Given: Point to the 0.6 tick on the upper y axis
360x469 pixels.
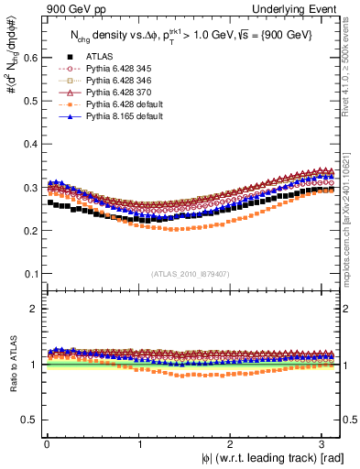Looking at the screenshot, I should click(x=30, y=57).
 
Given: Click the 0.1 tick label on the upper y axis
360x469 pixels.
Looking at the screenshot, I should click(x=30, y=274).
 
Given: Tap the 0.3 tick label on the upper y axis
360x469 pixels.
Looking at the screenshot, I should click(x=30, y=188).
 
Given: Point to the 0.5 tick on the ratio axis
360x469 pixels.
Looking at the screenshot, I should click(x=30, y=420).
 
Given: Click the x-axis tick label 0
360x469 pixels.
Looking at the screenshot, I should click(x=46, y=444).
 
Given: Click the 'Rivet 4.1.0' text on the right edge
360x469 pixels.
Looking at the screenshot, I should click(x=351, y=64).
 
